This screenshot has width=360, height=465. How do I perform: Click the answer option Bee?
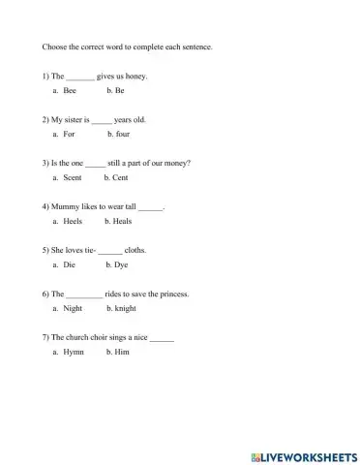pyautogui.click(x=70, y=90)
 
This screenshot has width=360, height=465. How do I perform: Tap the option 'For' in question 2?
pyautogui.click(x=69, y=134)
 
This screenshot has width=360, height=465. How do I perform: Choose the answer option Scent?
pyautogui.click(x=73, y=177)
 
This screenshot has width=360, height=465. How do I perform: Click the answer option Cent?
pyautogui.click(x=120, y=177)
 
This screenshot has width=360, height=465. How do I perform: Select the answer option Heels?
pyautogui.click(x=73, y=221)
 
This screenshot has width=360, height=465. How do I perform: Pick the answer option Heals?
pyautogui.click(x=122, y=221)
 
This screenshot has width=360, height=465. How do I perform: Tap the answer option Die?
pyautogui.click(x=69, y=264)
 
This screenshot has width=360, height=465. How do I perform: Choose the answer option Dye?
pyautogui.click(x=120, y=264)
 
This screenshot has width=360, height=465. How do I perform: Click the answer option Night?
pyautogui.click(x=73, y=308)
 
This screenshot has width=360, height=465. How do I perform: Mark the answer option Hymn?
pyautogui.click(x=74, y=352)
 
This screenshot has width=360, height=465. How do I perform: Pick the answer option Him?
pyautogui.click(x=121, y=352)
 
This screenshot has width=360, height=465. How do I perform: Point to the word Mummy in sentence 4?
pyautogui.click(x=63, y=206)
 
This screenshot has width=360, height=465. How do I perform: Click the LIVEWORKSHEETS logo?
pyautogui.click(x=303, y=454)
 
